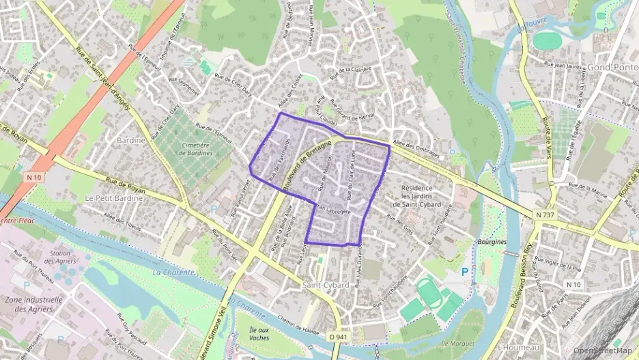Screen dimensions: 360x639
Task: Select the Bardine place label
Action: [132, 140]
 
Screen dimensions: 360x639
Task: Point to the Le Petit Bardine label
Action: [113, 198]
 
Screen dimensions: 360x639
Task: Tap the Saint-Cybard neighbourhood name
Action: [322, 283]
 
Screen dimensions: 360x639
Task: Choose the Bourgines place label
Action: [493, 243]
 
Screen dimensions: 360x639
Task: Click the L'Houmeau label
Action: [520, 348]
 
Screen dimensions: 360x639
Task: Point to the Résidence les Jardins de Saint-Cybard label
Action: [427, 196]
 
